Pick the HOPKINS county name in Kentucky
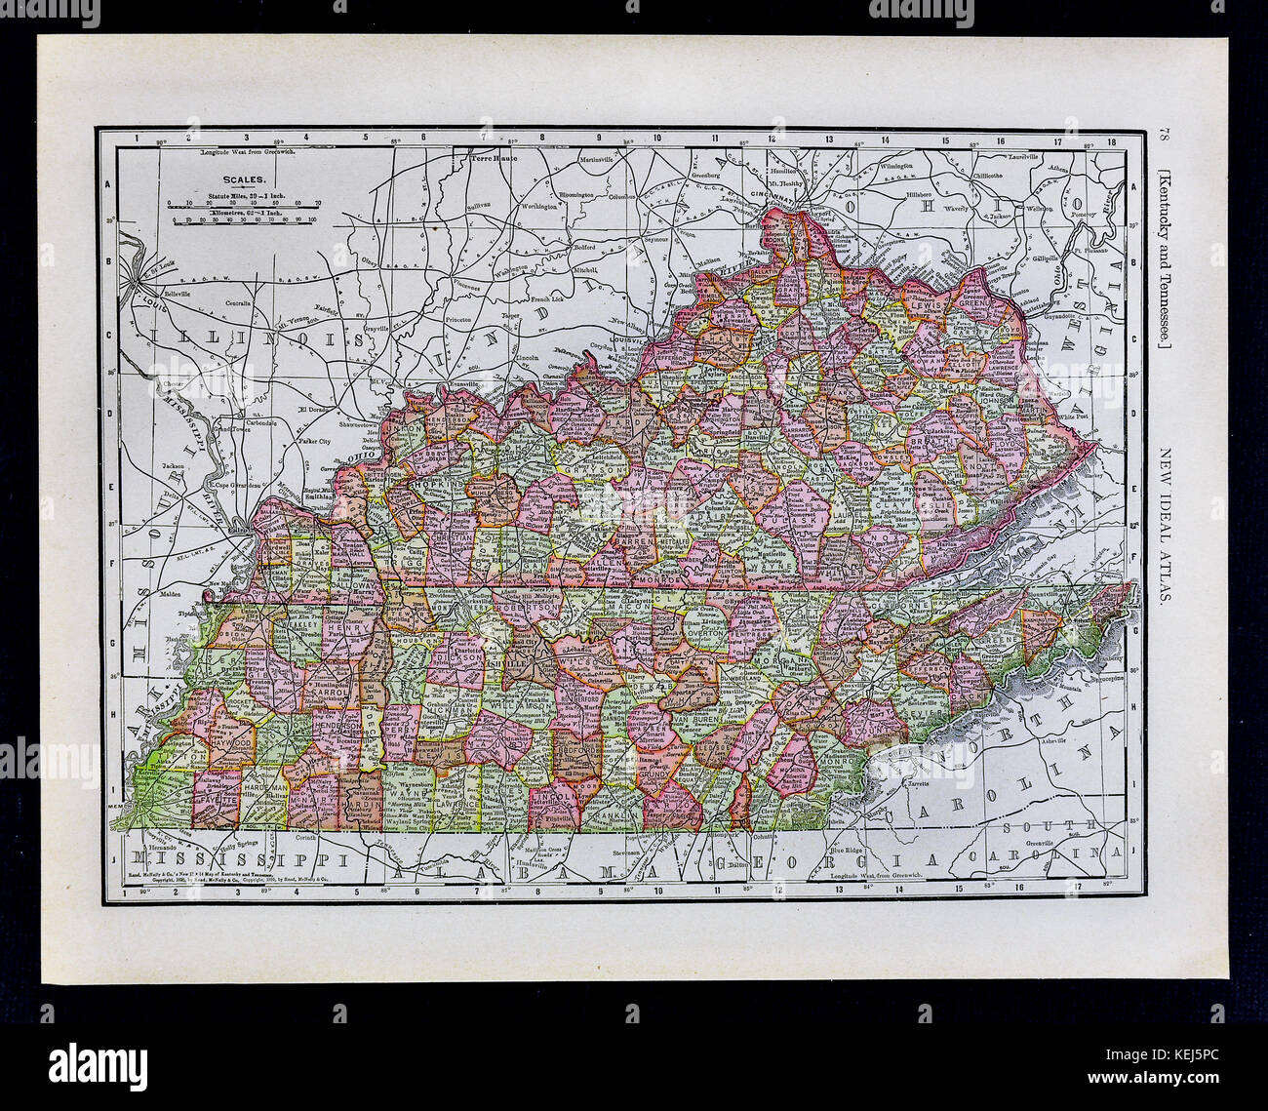point(432,483)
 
